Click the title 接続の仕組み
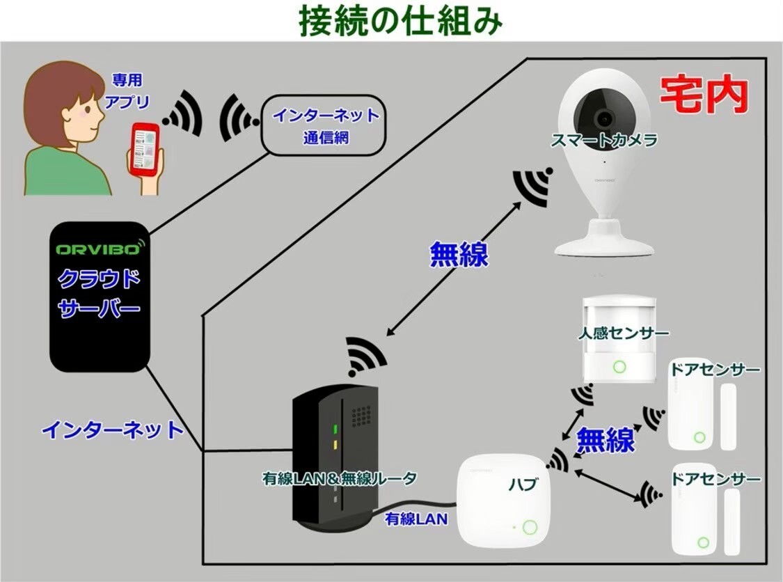click(x=400, y=22)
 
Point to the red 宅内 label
click(x=704, y=96)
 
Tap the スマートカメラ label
click(x=603, y=141)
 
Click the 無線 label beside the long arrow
click(x=459, y=254)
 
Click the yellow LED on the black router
click(x=335, y=443)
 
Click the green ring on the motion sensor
click(x=618, y=366)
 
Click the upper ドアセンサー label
click(x=715, y=370)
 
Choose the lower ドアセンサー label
click(x=715, y=479)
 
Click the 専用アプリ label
click(x=127, y=92)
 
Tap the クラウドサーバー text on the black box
click(x=99, y=294)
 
